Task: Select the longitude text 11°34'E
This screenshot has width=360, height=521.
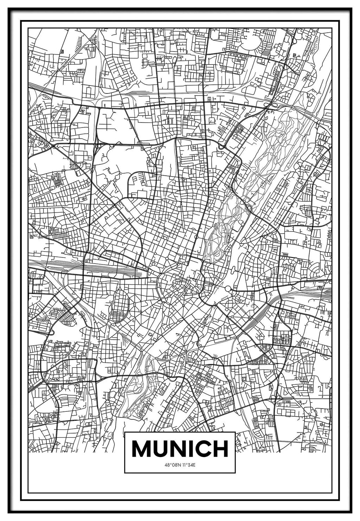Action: pyautogui.click(x=188, y=465)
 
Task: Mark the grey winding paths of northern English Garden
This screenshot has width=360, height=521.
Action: pyautogui.click(x=278, y=148)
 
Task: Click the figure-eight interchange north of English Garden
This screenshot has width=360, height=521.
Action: pyautogui.click(x=271, y=104)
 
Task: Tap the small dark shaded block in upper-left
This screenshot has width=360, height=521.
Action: pyautogui.click(x=62, y=52)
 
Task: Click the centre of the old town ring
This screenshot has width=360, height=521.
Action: pyautogui.click(x=181, y=285)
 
